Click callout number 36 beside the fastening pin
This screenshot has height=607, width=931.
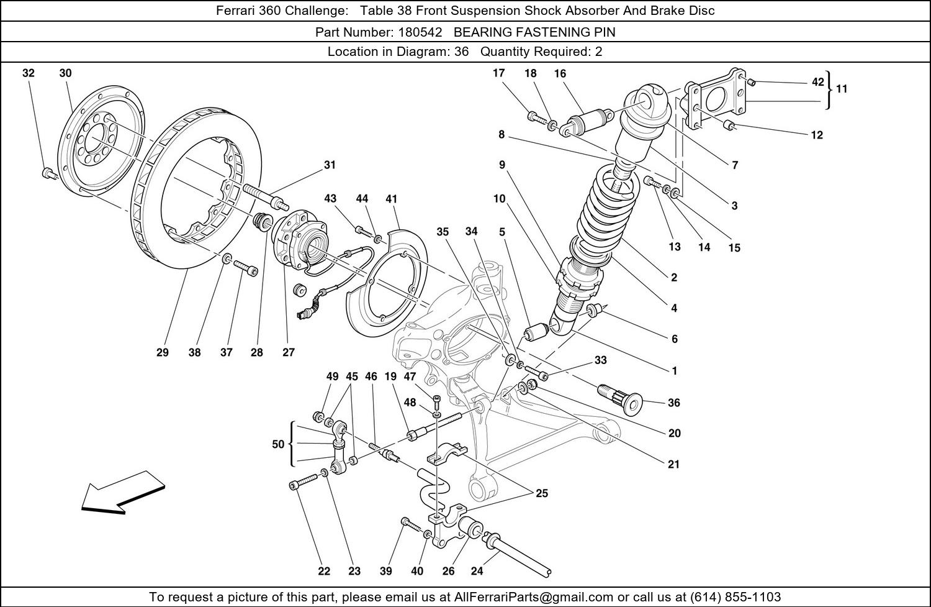coord(674,403)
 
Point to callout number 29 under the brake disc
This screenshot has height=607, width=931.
coord(162,352)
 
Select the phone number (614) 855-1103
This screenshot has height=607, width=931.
coord(735,597)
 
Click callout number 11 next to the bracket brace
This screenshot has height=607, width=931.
coord(842,88)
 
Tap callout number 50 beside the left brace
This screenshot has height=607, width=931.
coord(278,444)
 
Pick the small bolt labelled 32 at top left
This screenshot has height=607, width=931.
coord(47,173)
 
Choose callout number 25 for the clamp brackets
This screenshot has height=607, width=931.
coord(542,493)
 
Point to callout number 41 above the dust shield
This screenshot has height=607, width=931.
coord(391,199)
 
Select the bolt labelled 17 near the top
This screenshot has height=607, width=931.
coord(535,116)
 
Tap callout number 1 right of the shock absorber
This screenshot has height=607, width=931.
coord(674,371)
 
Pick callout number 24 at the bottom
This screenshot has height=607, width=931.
coord(477,571)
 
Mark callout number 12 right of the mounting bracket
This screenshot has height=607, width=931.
coord(817,135)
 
